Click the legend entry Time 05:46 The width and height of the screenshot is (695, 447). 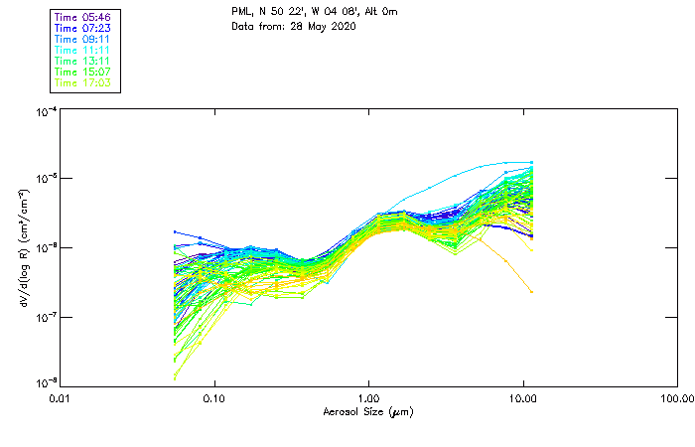coord(84,16)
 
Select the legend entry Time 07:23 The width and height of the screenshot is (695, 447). coord(84,27)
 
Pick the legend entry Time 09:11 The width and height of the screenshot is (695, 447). coord(84,38)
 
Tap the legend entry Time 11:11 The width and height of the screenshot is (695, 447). coord(84,50)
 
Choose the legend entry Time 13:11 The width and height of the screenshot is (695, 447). coord(84,61)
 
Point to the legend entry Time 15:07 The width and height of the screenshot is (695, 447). coord(84,72)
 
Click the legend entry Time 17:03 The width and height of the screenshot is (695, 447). coord(84,82)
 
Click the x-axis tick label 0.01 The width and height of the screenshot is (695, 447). coord(61,397)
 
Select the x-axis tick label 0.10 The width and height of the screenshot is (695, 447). coord(213,397)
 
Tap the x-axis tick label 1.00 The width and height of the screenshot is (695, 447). coord(368,397)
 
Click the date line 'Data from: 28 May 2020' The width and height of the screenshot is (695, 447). coord(294,25)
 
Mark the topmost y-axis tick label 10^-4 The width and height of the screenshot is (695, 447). coord(45,112)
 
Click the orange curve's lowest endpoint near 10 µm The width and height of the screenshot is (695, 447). coord(532,292)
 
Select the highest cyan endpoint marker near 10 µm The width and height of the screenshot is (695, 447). coord(532,162)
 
